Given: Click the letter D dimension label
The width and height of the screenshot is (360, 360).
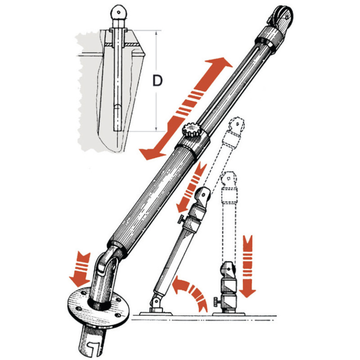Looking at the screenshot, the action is click(x=157, y=80).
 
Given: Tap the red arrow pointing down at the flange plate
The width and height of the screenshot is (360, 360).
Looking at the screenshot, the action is click(x=80, y=269).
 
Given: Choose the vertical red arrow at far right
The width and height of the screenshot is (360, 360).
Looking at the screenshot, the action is click(x=247, y=266).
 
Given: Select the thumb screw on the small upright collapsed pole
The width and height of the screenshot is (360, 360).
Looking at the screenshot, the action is click(x=217, y=301).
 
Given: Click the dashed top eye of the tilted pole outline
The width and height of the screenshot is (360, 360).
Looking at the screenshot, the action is click(x=236, y=125).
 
